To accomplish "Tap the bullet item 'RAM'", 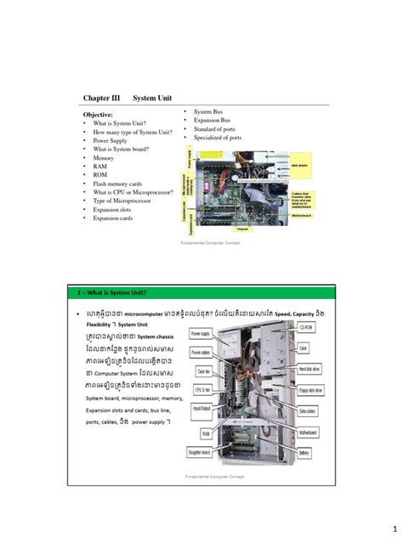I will (102, 167).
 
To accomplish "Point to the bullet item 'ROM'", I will (102, 175).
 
